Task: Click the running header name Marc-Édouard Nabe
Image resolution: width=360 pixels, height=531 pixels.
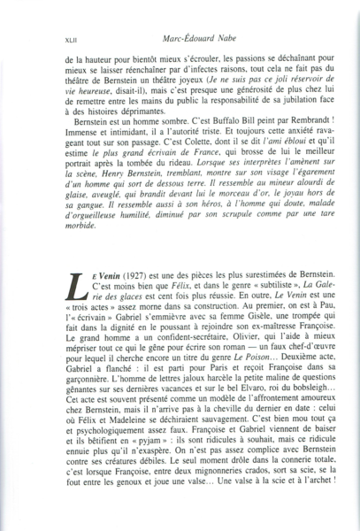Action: click(197, 37)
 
